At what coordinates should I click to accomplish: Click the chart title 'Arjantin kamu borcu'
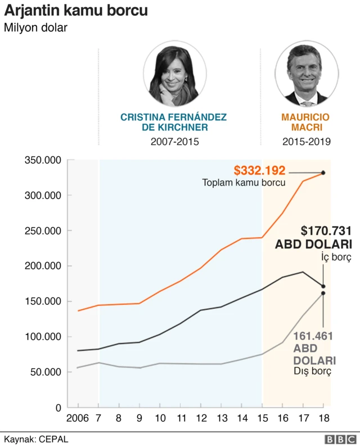76,11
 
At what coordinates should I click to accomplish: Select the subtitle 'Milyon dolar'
36,28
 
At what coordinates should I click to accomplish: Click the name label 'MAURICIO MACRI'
305,123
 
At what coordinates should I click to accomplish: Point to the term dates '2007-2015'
174,142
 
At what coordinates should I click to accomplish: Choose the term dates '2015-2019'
306,142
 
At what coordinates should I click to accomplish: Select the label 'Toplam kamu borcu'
244,183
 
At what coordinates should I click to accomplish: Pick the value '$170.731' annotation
326,231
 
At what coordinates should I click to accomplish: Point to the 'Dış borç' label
312,372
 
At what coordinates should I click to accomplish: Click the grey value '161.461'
313,336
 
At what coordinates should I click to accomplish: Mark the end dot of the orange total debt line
323,173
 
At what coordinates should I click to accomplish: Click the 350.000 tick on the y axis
43,160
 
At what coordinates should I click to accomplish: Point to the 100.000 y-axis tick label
43,337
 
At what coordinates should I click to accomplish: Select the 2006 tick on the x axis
78,418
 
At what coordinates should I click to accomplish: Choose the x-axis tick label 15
262,418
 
